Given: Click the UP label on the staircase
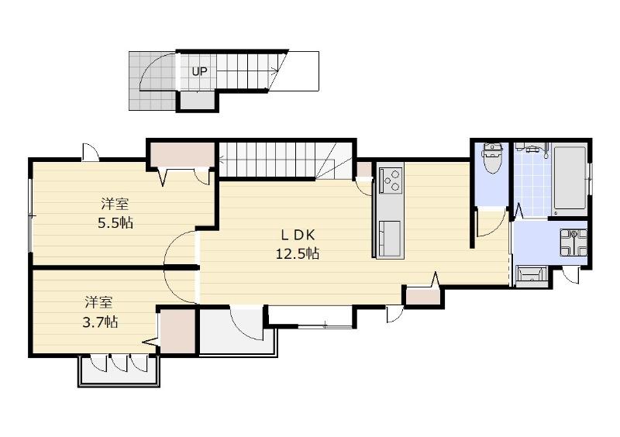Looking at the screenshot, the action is (x=199, y=71).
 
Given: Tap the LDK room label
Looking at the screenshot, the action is (x=298, y=236).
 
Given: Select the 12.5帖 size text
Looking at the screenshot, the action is (x=298, y=253).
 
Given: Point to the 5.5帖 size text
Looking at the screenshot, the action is (x=115, y=223).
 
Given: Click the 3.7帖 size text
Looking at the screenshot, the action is (x=100, y=322).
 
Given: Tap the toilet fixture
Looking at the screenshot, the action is (x=492, y=159).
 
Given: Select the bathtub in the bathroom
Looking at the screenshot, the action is (x=570, y=178).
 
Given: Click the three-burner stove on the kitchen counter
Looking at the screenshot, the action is (x=391, y=181).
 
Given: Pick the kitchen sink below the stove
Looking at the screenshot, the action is (x=390, y=239).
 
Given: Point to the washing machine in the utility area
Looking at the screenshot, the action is (x=573, y=243).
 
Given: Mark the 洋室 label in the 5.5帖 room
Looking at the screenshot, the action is (x=115, y=205).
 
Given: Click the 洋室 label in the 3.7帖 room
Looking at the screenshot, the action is (x=99, y=303).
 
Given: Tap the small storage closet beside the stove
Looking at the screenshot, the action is (x=363, y=170).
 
